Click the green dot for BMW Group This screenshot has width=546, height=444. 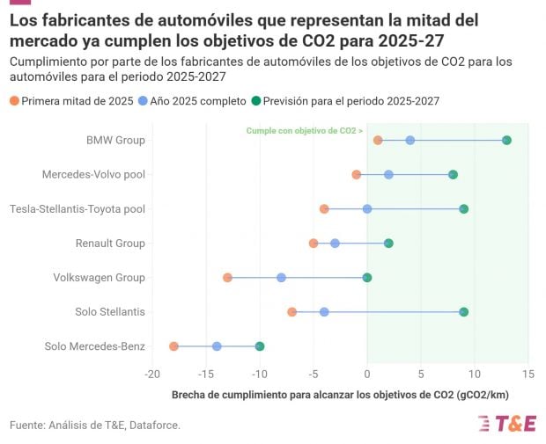tap(506, 141)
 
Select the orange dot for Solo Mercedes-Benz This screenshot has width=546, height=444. tap(173, 346)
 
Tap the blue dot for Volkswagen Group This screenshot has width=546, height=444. tap(281, 278)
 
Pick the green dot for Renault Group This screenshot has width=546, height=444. tap(388, 244)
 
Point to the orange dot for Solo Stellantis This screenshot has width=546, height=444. tap(291, 312)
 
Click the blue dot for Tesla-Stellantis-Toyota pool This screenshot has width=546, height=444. tap(367, 209)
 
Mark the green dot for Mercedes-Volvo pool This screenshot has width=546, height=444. tap(453, 175)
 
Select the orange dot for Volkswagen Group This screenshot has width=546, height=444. tap(227, 278)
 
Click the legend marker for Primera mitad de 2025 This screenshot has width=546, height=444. tap(14, 101)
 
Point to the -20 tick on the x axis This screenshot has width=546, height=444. tap(151, 375)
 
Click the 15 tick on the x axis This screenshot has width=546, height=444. tap(528, 375)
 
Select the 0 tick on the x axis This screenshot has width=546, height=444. tap(367, 375)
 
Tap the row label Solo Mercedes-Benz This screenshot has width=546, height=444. tap(94, 346)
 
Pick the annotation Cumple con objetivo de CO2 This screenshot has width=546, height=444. tap(304, 130)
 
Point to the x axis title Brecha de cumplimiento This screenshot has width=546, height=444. tap(340, 394)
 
